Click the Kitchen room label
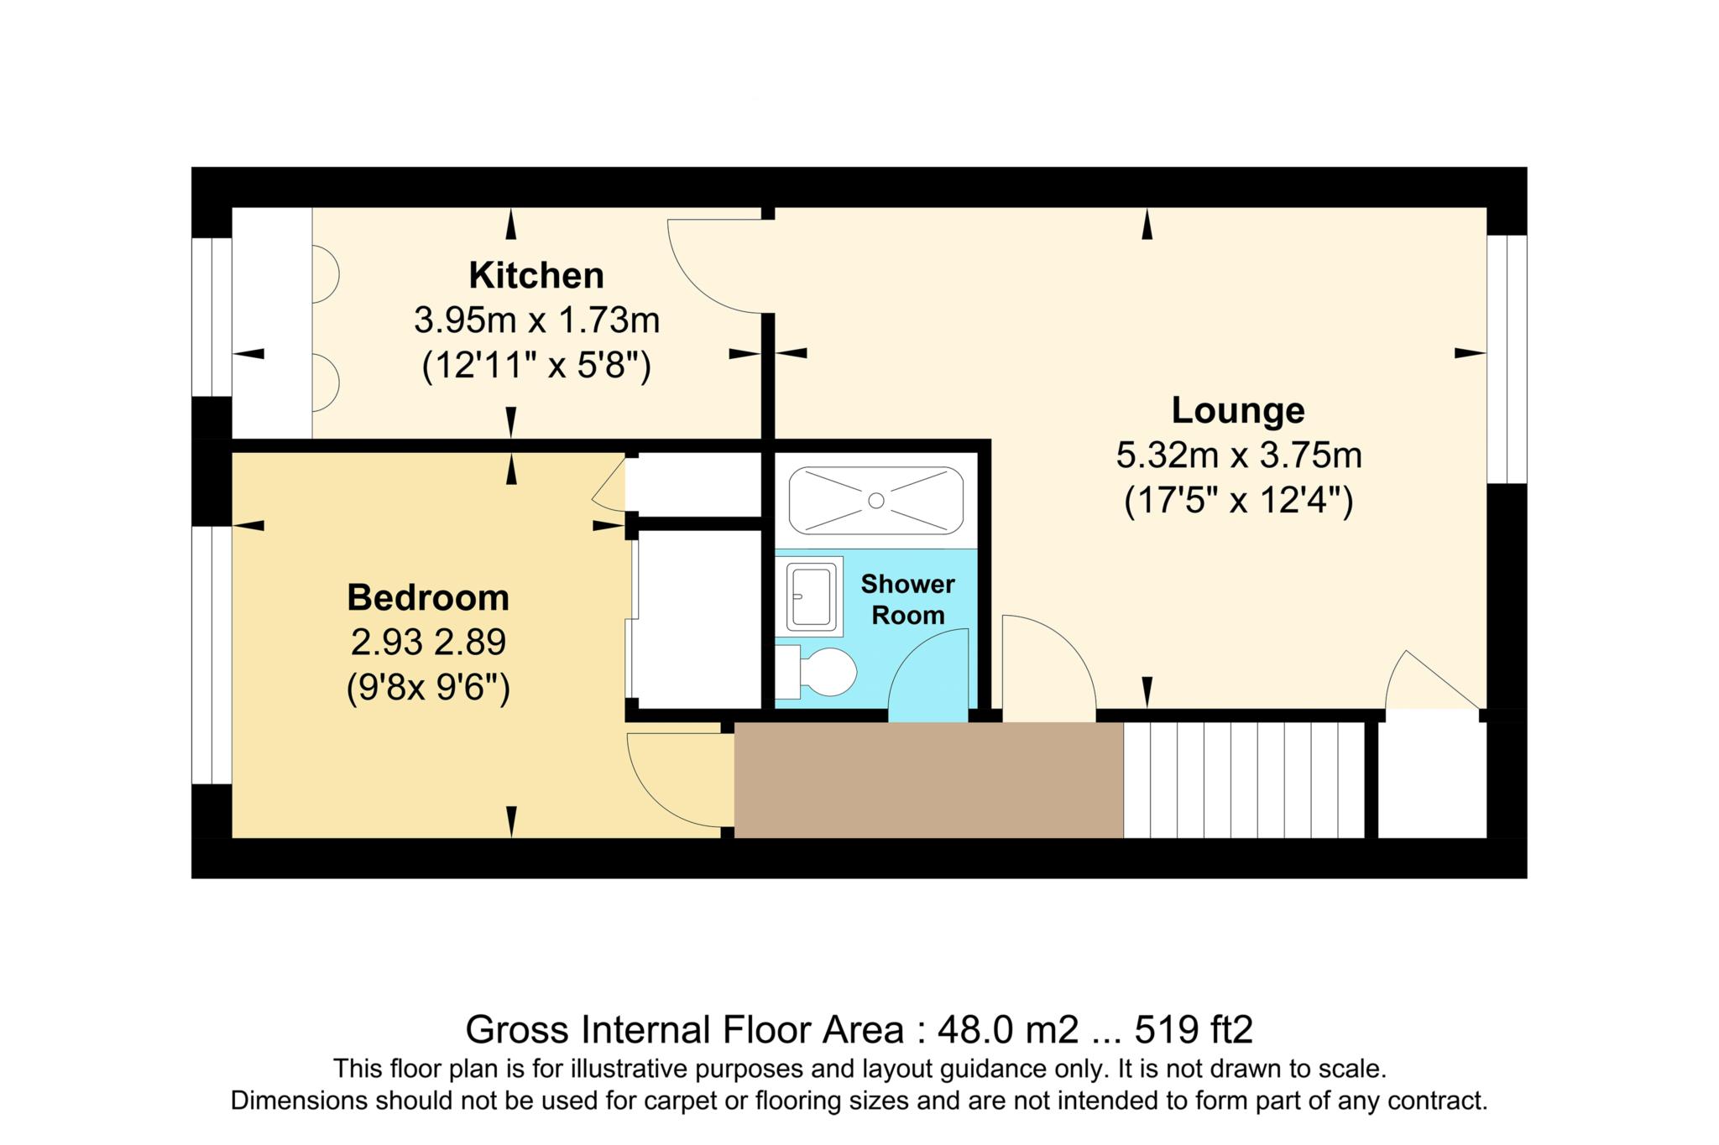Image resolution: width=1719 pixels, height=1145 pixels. coord(536,275)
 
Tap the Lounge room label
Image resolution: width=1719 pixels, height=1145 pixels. coord(1238,410)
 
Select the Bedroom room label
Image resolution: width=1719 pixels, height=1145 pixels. coord(428,597)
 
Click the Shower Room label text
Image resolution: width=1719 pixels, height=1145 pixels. coord(907,599)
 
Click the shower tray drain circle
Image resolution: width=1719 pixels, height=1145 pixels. coord(875,501)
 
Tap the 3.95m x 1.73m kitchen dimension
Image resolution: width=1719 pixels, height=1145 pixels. coord(536,320)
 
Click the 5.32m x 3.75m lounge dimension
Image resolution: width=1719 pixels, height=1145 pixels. coord(1238,455)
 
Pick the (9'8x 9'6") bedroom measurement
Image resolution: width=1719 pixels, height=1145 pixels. coord(428,689)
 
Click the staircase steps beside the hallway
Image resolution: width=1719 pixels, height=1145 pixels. coord(1246,780)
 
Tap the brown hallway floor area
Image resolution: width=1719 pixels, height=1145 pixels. coord(927,780)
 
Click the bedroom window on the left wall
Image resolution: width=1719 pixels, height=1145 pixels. coord(212,654)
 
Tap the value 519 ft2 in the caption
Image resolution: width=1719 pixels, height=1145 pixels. coord(1194,1029)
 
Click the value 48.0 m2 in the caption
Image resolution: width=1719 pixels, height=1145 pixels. coord(1007,1029)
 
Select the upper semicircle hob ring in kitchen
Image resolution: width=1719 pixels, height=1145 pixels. coord(324,273)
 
